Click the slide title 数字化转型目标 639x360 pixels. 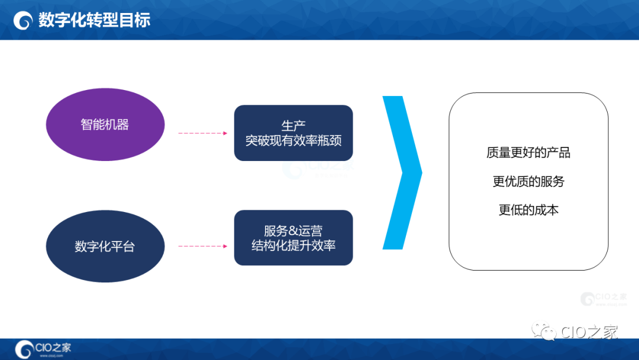click(x=94, y=20)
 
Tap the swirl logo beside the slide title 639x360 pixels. click(x=23, y=21)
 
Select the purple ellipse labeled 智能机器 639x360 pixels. click(x=105, y=124)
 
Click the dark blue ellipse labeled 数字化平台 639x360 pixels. click(x=105, y=246)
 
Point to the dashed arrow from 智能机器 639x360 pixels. click(x=202, y=133)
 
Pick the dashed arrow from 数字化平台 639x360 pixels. click(x=202, y=246)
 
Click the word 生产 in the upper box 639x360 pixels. click(x=293, y=126)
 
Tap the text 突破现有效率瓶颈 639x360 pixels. click(x=293, y=141)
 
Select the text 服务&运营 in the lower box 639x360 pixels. click(x=293, y=231)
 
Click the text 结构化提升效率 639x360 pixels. click(x=293, y=245)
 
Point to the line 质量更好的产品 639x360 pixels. click(x=528, y=153)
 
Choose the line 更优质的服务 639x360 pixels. click(x=528, y=181)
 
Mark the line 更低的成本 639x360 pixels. click(x=528, y=210)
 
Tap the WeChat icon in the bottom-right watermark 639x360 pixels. click(x=543, y=332)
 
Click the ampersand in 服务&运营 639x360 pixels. click(x=293, y=231)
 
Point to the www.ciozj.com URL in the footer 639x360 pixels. click(x=52, y=356)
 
